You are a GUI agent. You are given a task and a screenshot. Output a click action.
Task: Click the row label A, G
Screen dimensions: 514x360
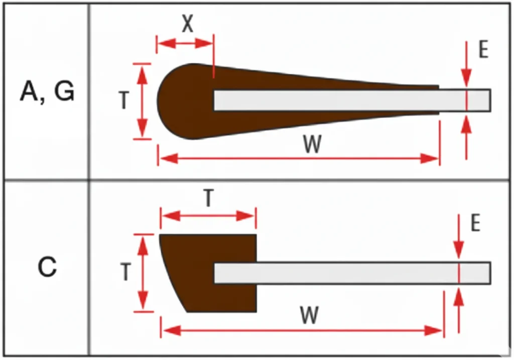[x=48, y=92]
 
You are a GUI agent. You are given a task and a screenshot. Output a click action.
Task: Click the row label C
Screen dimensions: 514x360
[x=47, y=267]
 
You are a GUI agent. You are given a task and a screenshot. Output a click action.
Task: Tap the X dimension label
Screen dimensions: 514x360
[x=188, y=24]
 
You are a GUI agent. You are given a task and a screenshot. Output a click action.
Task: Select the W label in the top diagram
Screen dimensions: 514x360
[x=312, y=144]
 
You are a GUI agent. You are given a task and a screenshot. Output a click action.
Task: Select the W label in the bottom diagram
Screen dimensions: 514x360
[x=309, y=315]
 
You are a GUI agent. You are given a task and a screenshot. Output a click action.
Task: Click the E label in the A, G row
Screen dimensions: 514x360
[x=483, y=50]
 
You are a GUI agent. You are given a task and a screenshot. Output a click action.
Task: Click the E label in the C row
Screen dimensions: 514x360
[x=476, y=223]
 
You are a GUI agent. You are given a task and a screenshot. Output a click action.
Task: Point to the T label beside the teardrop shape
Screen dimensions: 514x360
[x=124, y=100]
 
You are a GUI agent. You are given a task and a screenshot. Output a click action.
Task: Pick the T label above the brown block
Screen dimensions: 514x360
[x=208, y=198]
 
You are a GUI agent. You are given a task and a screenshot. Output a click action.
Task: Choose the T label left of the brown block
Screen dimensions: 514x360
[x=126, y=272]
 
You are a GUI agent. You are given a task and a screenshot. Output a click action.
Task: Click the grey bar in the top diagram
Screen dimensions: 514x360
[x=352, y=100]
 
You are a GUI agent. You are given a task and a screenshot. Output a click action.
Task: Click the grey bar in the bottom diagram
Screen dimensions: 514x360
[x=352, y=273]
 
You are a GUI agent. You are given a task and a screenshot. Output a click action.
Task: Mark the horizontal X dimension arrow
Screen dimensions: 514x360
[x=185, y=43]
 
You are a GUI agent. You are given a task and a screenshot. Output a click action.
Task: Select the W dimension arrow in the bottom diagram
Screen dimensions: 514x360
[x=302, y=330]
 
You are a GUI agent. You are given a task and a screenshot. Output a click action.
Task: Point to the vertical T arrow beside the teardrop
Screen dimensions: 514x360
[x=142, y=101]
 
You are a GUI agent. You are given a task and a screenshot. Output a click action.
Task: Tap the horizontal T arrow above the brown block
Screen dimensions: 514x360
[x=208, y=216]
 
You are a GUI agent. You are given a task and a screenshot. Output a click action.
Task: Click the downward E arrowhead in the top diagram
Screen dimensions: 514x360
[x=466, y=79]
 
